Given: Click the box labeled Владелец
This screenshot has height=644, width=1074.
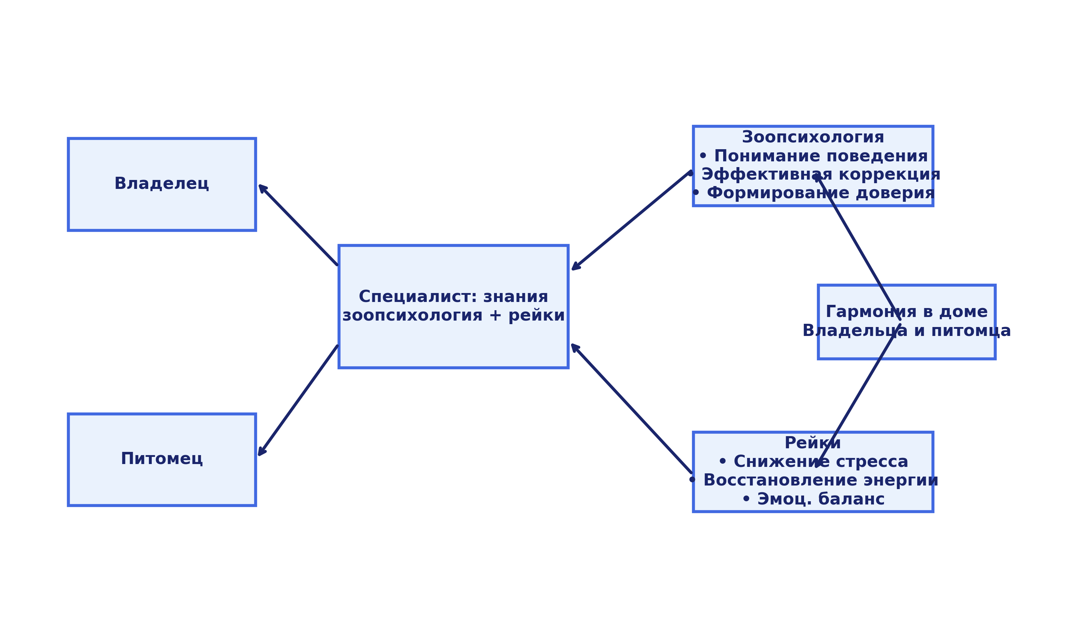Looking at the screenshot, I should (x=161, y=184).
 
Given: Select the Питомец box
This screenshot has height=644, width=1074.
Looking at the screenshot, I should (x=161, y=459).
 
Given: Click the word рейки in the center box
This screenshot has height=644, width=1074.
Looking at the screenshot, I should (x=537, y=316).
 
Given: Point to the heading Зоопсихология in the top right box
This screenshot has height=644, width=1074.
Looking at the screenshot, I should (x=813, y=138).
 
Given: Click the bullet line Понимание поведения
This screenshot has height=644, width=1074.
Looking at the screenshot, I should (x=821, y=156).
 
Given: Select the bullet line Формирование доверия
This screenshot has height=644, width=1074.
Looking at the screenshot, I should (x=821, y=193).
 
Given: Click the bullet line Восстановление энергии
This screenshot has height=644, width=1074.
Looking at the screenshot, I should (x=821, y=480).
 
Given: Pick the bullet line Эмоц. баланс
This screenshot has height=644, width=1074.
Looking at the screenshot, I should (x=821, y=499).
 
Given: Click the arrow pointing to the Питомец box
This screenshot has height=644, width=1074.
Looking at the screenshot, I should (x=298, y=400).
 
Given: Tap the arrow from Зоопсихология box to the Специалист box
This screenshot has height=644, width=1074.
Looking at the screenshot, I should (x=630, y=220).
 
